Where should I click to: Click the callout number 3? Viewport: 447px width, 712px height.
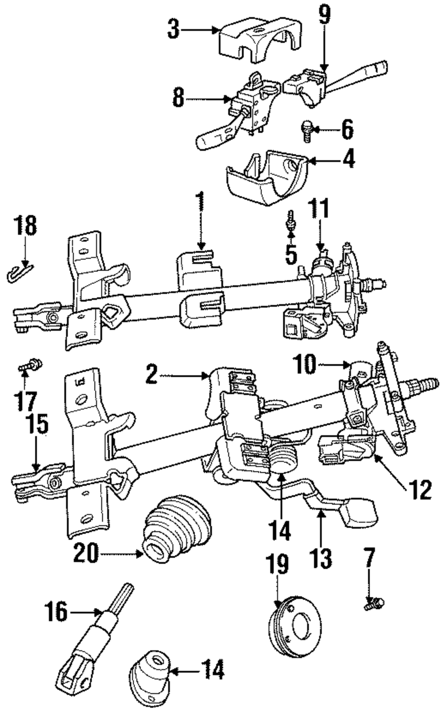pos(173,29)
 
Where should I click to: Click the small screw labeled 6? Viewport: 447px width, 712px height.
pos(307,131)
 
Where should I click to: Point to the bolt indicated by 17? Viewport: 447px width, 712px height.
pos(30,365)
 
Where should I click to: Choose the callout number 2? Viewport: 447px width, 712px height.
pos(152,375)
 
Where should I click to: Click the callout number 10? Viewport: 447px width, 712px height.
pos(305,364)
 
